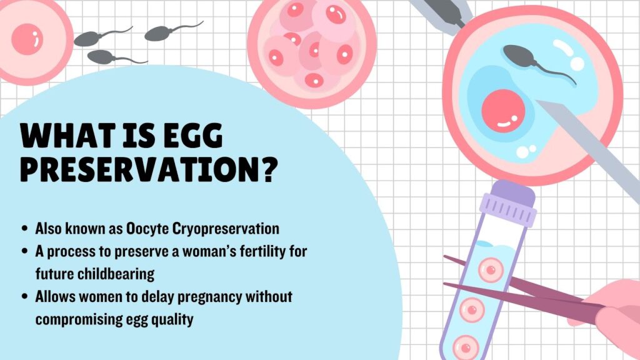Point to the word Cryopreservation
coord(226,229)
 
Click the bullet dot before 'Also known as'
coord(25,229)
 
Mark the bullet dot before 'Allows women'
coord(25,296)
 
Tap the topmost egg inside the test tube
coord(491,270)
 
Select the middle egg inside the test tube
coord(472,310)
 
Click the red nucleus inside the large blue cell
coord(503,111)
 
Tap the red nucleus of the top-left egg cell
coord(27,39)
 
